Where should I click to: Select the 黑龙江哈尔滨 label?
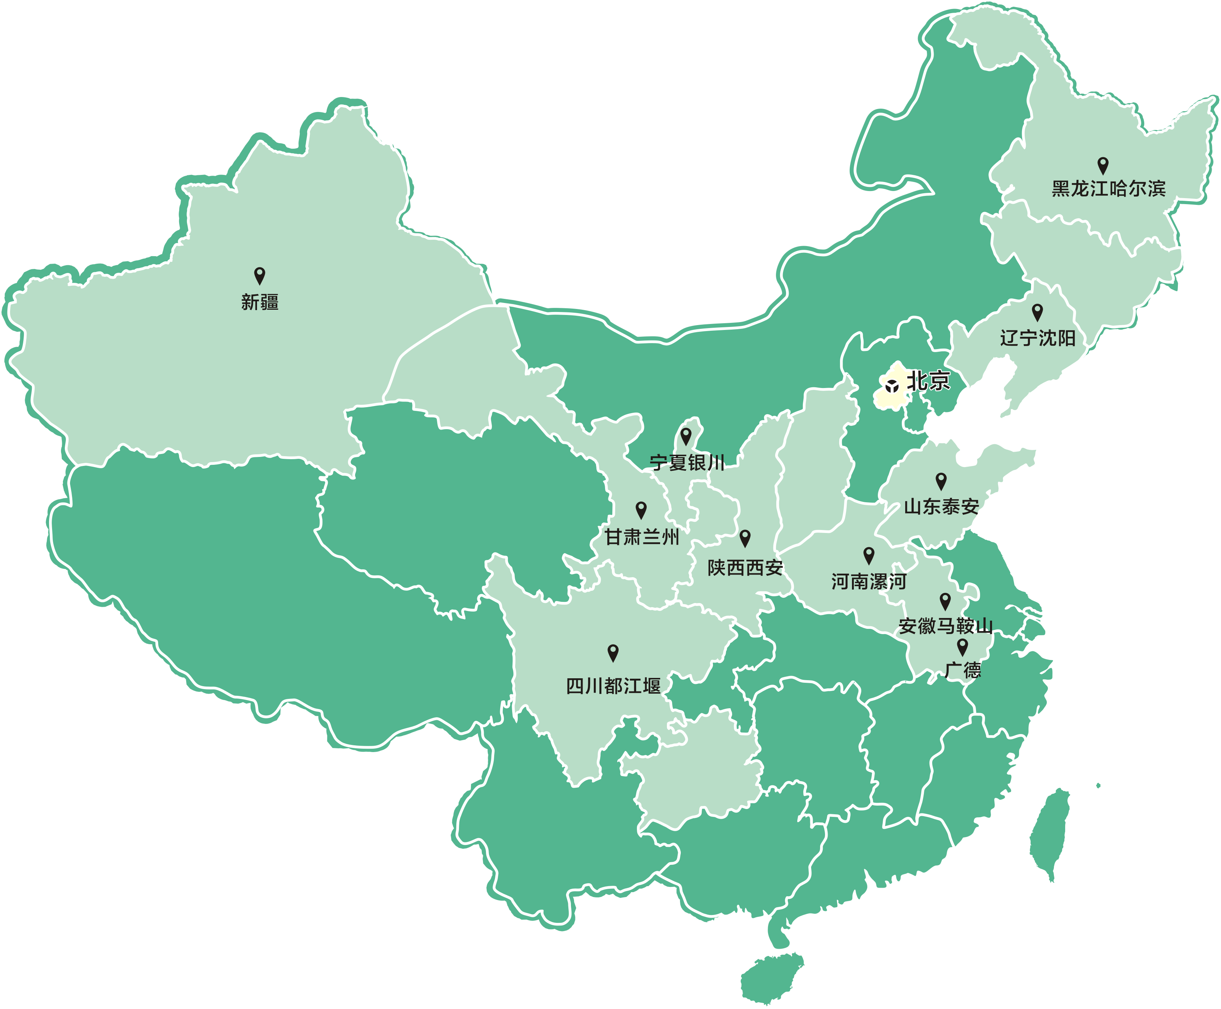coord(1109,189)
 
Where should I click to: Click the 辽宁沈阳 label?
coord(1038,338)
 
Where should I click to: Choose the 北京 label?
coord(928,381)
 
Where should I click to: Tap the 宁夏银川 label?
coord(687,463)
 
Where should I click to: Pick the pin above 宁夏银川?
coord(686,435)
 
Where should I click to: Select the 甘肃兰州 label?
coord(642,537)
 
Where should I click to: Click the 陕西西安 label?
coord(746,568)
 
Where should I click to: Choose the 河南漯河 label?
coord(869,582)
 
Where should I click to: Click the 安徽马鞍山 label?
coord(945,626)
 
